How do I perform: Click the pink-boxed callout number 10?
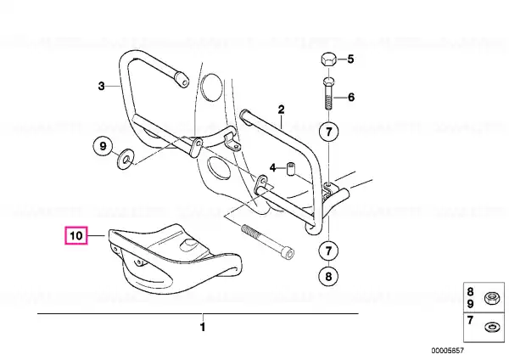[76, 235]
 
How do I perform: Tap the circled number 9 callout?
[103, 146]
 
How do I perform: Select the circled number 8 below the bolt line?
[328, 276]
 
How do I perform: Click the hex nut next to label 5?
[328, 61]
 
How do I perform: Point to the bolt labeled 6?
[328, 93]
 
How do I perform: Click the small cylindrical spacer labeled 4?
[290, 169]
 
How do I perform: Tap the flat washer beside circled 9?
[125, 160]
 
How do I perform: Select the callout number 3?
[101, 86]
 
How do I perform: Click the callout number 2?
[281, 110]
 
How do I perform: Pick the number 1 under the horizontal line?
[203, 327]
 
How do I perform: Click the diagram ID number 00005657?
[448, 351]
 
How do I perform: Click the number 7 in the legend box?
[470, 320]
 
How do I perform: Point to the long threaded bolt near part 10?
[268, 241]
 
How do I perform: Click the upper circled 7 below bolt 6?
[328, 132]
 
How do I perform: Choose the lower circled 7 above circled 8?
[328, 250]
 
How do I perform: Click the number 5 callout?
[350, 59]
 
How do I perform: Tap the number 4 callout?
[272, 168]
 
